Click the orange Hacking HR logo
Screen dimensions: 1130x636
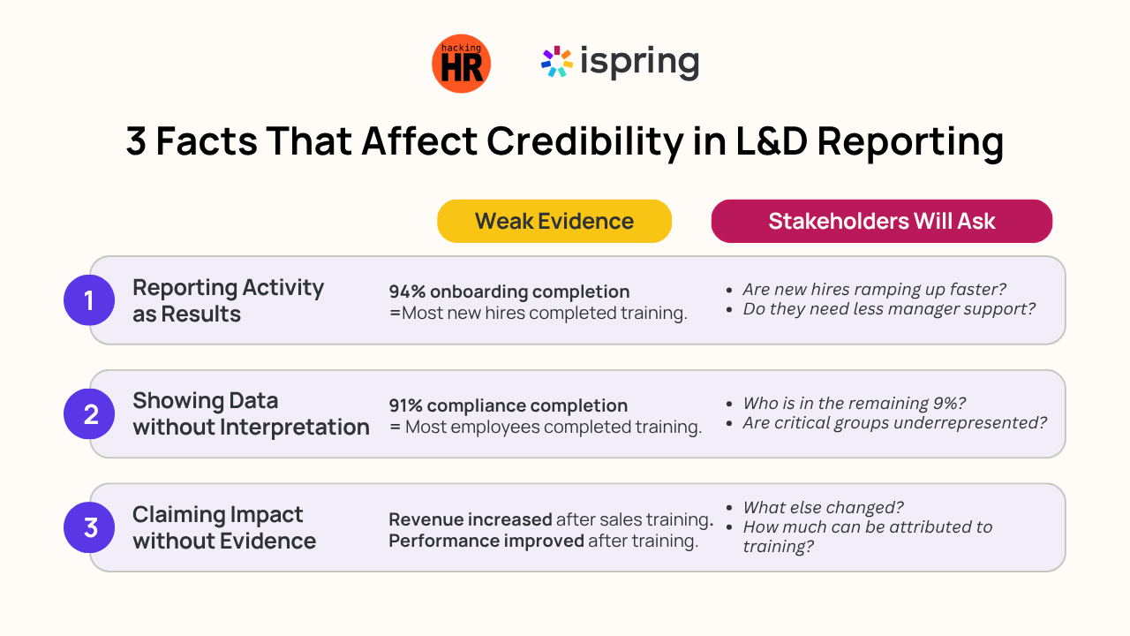tap(461, 64)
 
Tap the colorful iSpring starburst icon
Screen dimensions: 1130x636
tap(556, 62)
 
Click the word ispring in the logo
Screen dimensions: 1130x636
tap(640, 62)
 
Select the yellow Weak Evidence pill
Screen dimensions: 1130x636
tap(554, 221)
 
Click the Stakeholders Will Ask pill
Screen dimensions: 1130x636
tap(881, 221)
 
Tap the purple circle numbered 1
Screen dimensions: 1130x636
tap(89, 300)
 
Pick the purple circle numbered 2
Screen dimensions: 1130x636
tap(89, 414)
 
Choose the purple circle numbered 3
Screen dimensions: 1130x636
tap(89, 527)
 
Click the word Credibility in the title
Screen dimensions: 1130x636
tap(584, 142)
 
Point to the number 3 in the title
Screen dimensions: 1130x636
tap(136, 140)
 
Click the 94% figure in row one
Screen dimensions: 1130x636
tap(407, 291)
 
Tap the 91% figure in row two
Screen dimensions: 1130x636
tap(405, 405)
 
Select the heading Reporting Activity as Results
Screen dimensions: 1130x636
tap(228, 300)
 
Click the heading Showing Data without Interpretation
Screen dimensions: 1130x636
tap(251, 414)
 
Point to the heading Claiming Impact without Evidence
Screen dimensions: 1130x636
tap(224, 527)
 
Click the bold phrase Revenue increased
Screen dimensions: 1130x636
tap(471, 519)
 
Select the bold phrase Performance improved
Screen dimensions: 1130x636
tap(486, 541)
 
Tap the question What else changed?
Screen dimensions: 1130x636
tap(823, 507)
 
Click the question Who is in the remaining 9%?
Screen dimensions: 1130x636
tap(854, 404)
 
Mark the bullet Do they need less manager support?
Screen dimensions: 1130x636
tap(889, 309)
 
